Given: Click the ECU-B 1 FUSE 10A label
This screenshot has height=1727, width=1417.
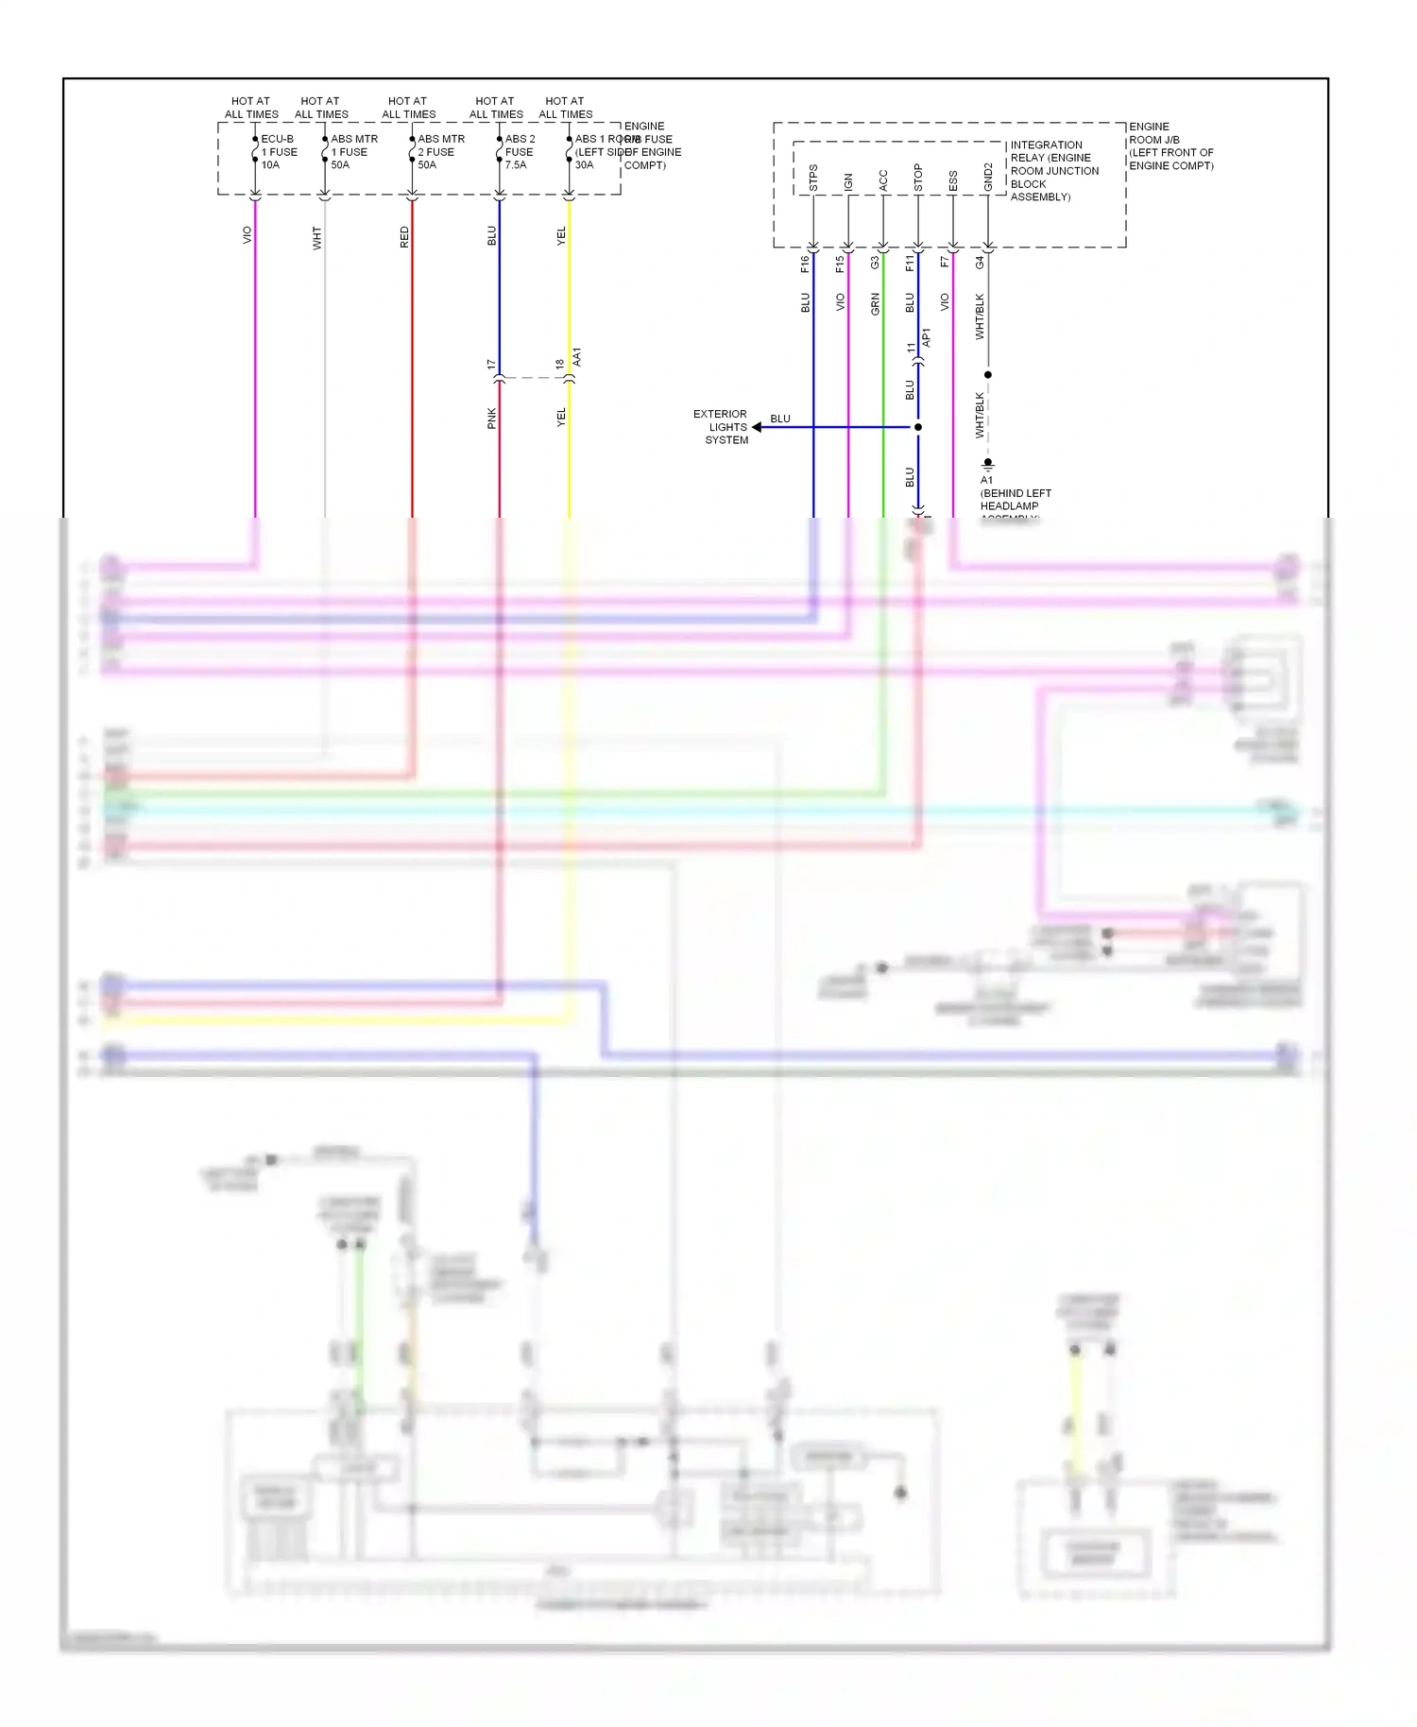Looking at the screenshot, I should (278, 152).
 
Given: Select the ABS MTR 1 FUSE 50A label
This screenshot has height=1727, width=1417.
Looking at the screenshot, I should (353, 152).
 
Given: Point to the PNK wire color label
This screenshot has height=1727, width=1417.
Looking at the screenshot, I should (491, 419).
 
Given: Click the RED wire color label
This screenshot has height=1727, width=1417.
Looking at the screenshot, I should (404, 237).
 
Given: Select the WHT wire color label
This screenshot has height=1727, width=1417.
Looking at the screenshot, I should (317, 238).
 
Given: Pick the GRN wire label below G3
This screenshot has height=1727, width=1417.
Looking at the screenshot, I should (875, 304).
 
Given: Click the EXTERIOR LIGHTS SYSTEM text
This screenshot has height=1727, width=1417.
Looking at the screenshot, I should (722, 427).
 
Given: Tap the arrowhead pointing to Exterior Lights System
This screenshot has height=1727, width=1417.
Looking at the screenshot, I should (757, 427).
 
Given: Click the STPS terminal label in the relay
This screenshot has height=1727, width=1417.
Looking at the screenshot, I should (813, 178).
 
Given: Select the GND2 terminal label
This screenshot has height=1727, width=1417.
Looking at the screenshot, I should (988, 177).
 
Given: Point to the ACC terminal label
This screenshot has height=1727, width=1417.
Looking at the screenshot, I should (883, 180).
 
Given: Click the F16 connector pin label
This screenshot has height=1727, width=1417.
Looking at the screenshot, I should (805, 265).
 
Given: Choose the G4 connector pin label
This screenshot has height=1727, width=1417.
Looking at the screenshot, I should (980, 263).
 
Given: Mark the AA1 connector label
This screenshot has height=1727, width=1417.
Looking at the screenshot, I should (577, 357).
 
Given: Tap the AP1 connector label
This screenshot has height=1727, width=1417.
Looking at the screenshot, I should (927, 337).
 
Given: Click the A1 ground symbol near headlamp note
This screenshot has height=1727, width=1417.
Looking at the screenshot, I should (988, 464).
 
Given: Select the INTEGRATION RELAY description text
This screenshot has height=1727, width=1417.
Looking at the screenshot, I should (1053, 171).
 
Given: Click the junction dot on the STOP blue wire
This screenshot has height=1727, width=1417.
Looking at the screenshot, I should (918, 427).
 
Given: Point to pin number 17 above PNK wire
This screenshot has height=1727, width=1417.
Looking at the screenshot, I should (491, 365).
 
